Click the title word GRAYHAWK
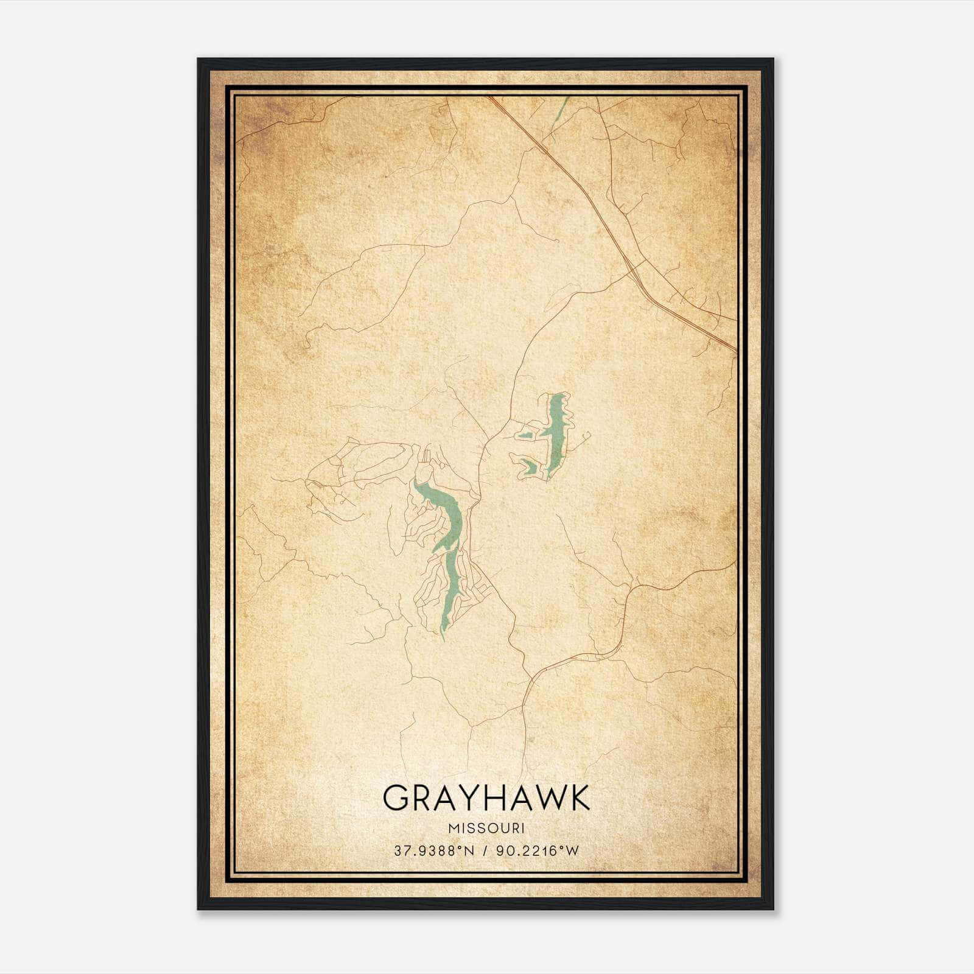(x=486, y=797)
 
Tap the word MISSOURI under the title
(x=486, y=829)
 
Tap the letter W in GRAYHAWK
(x=550, y=797)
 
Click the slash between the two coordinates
(x=486, y=851)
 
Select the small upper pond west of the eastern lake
(x=525, y=435)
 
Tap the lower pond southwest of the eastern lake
(x=528, y=466)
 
